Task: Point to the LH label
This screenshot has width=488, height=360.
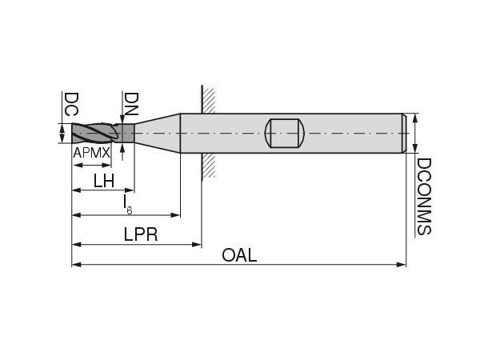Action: coord(104,180)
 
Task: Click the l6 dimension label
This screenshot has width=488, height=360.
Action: coord(127,204)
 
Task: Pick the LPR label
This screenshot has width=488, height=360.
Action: coord(140,234)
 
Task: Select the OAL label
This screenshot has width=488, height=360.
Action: coord(239,255)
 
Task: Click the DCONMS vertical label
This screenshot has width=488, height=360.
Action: coord(423,196)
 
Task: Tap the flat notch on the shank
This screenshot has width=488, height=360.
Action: coord(285,133)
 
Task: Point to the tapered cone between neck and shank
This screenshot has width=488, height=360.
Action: coord(157,133)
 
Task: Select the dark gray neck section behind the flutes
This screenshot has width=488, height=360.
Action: coord(126,133)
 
